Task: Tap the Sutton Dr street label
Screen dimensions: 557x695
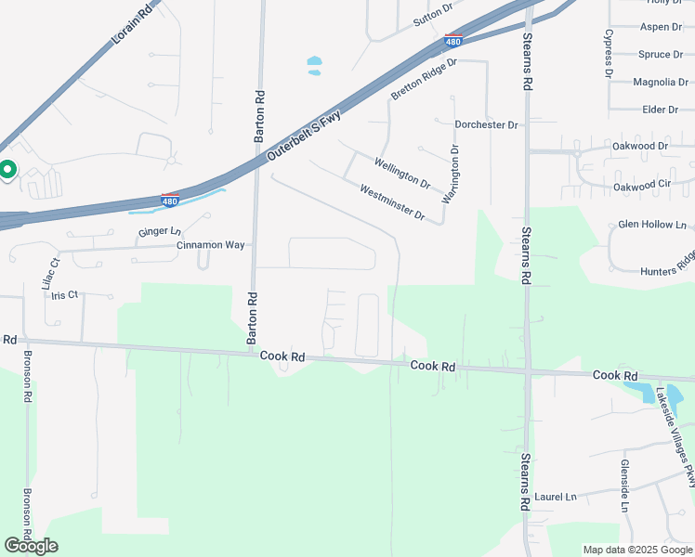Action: (433, 14)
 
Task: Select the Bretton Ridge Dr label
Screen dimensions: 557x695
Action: (425, 80)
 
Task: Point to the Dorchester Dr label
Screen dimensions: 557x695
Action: (486, 124)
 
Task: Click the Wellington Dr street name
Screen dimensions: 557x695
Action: (402, 174)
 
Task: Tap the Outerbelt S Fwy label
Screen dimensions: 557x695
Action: (305, 138)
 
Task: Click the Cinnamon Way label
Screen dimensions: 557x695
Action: (211, 245)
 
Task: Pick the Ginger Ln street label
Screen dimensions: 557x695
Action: (159, 231)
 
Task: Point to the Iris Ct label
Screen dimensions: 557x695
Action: (66, 294)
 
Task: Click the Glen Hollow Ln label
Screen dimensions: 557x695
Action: (652, 225)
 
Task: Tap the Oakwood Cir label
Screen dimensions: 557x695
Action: (642, 187)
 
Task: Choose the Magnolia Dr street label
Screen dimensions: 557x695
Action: (661, 83)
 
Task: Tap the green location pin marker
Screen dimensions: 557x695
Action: (7, 170)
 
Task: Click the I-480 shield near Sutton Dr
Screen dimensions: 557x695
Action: (452, 41)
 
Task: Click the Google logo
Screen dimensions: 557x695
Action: (31, 546)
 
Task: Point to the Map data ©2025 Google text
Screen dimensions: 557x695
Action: (636, 550)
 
